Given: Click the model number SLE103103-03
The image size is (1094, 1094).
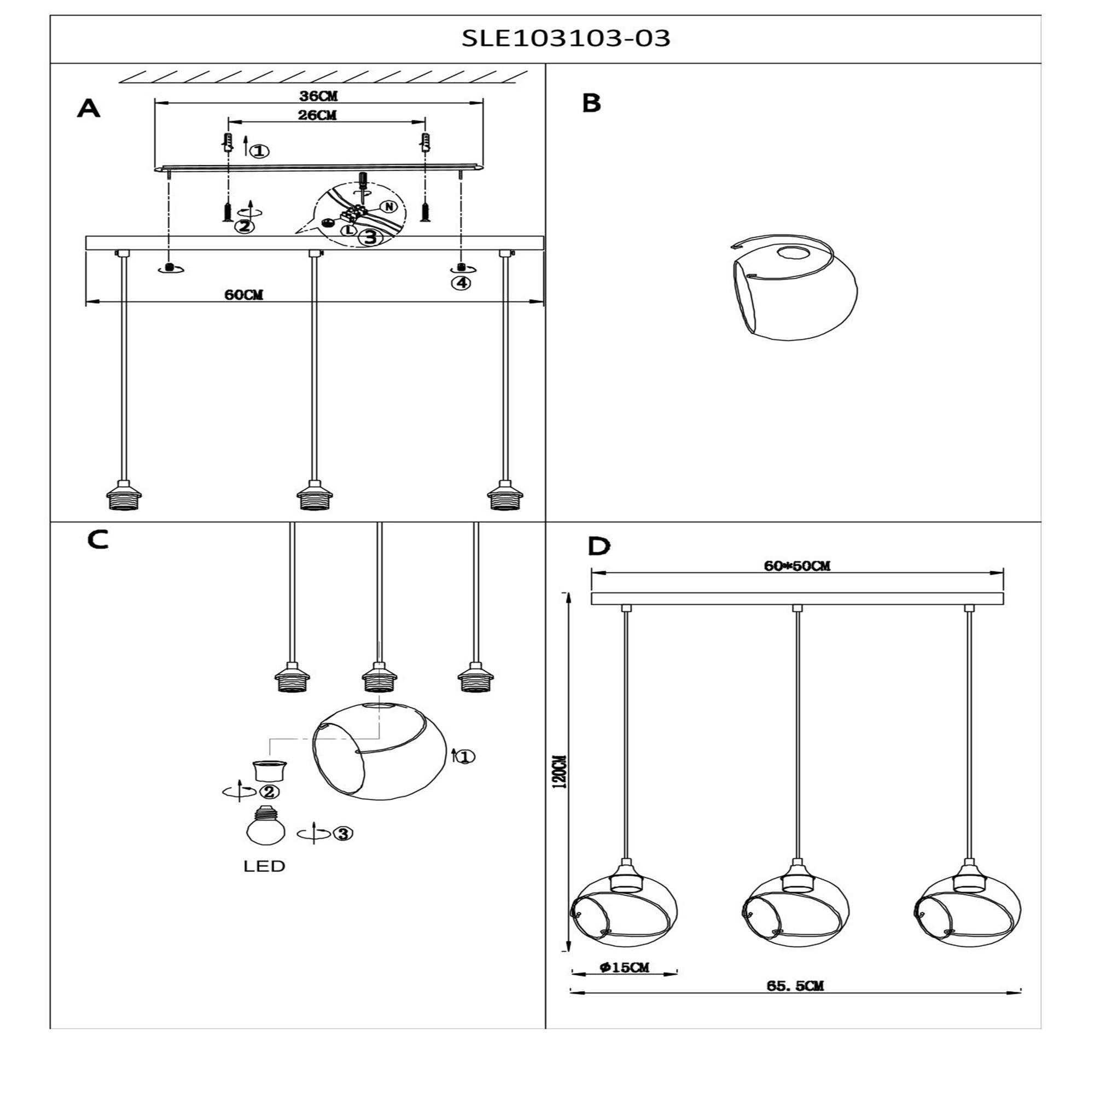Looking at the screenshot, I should click(566, 38).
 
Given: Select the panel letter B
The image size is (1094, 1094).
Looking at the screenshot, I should click(591, 103).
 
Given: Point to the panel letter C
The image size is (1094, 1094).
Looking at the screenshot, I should click(98, 540).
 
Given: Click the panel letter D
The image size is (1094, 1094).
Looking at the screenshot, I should click(599, 546).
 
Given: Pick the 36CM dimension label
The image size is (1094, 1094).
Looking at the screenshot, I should click(319, 96).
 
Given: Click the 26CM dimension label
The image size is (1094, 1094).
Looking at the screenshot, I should click(317, 115).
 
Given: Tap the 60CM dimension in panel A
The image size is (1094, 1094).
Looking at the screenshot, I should click(244, 294).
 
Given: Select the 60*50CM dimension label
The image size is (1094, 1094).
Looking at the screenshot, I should click(797, 566).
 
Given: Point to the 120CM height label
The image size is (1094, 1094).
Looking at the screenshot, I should click(561, 771).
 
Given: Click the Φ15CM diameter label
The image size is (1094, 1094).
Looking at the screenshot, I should click(624, 967).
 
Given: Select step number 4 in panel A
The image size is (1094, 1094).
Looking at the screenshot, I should click(462, 282).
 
